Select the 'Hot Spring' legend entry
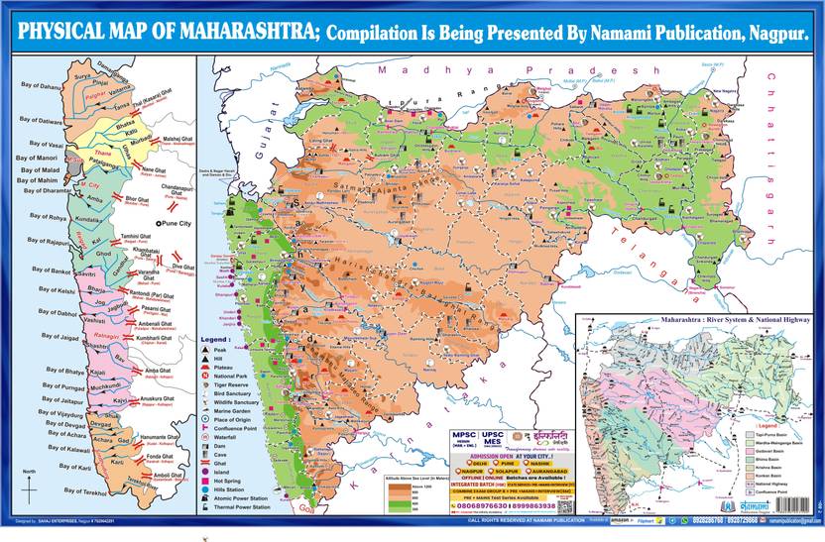coord(231,479)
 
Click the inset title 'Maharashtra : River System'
coord(694,321)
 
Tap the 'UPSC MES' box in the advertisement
coord(493,439)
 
